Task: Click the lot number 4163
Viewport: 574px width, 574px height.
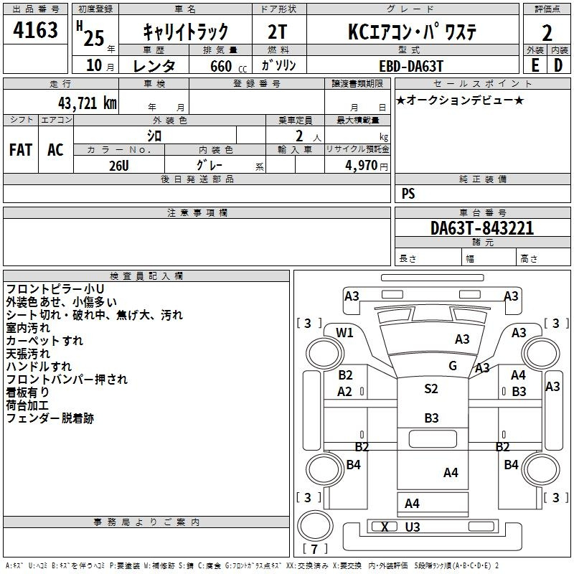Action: pos(35,29)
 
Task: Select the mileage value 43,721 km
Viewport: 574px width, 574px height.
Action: pos(87,103)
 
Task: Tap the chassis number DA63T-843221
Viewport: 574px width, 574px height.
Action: pos(482,227)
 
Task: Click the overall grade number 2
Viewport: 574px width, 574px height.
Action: pos(547,33)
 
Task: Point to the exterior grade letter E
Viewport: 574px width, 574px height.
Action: pos(535,65)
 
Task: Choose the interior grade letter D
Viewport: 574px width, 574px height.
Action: pos(558,65)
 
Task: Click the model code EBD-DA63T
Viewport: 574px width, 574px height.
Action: pos(411,66)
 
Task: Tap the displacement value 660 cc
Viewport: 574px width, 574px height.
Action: pos(228,66)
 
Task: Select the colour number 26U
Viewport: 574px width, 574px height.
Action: pos(119,166)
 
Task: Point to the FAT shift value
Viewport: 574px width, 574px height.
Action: pos(21,149)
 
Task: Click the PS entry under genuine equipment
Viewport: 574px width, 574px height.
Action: pos(408,193)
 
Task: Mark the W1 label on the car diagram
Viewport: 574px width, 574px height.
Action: pos(344,332)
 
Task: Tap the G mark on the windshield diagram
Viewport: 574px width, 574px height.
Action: pos(453,365)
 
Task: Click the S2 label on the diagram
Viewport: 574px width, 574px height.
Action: pos(431,388)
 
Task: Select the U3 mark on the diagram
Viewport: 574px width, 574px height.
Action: pos(412,527)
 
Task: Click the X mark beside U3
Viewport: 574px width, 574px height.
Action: pos(385,527)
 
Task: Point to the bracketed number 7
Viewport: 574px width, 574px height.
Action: pos(314,549)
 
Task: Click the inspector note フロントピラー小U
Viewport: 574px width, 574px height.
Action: pos(55,289)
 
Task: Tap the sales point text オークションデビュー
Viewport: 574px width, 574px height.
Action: pos(460,100)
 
